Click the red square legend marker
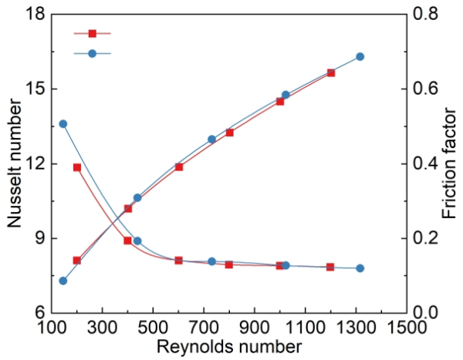tap(93, 33)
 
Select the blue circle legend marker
tap(93, 53)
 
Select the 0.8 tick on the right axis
tap(427, 14)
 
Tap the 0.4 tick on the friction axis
tap(427, 164)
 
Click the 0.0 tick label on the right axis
tap(427, 313)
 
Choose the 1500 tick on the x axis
tap(407, 326)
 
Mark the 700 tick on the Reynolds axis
tap(204, 326)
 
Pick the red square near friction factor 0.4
tap(77, 167)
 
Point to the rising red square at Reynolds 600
tap(179, 167)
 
